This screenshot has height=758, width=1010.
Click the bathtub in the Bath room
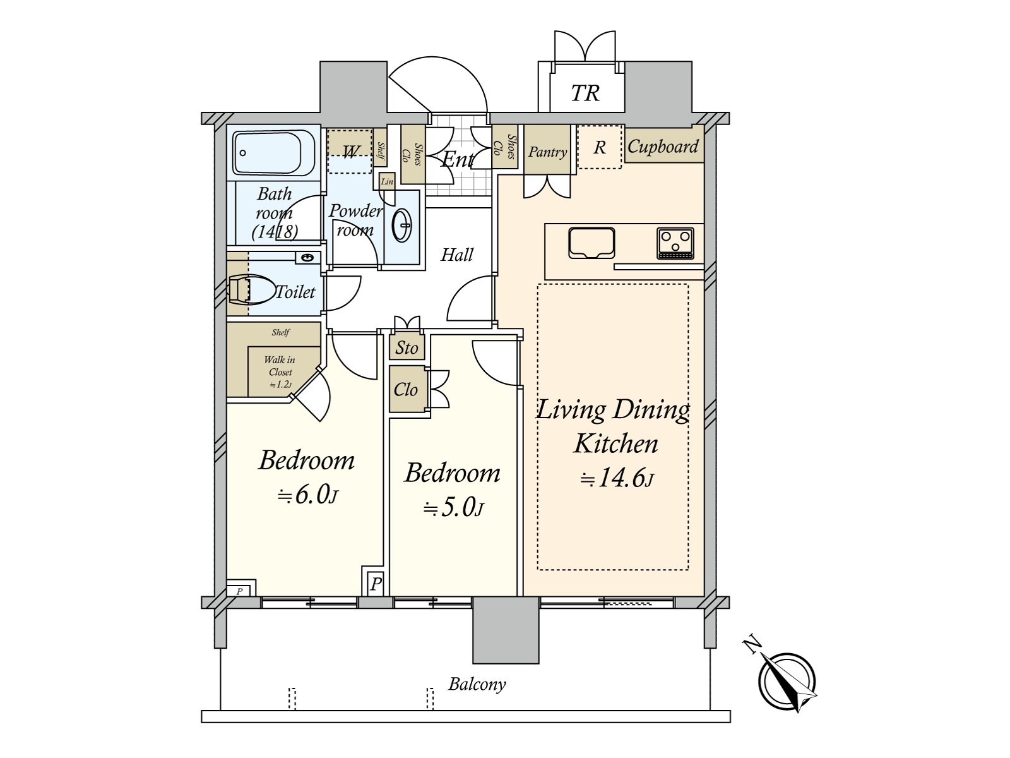coord(273,152)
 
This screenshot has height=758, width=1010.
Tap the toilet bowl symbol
coord(251,290)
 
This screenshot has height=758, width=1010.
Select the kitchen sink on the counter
coord(591,243)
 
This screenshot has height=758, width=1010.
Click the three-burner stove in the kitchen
coord(675,243)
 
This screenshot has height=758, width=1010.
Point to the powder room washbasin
coord(401,225)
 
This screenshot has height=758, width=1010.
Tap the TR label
coord(585,93)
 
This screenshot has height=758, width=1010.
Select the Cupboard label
coord(663,147)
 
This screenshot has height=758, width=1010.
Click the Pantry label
coord(547,152)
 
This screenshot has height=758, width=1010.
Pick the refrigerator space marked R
coord(600,147)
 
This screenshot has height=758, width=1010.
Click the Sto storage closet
coord(407,347)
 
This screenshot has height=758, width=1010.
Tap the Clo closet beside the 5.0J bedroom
coord(407,389)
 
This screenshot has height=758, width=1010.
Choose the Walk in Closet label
coord(280,372)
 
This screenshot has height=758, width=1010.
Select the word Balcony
coord(477,684)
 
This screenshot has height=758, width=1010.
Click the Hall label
coord(457,255)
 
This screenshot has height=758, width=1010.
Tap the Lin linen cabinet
coord(387,181)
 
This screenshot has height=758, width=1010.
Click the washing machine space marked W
coord(349,152)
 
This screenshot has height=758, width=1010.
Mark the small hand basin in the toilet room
coord(307,257)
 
